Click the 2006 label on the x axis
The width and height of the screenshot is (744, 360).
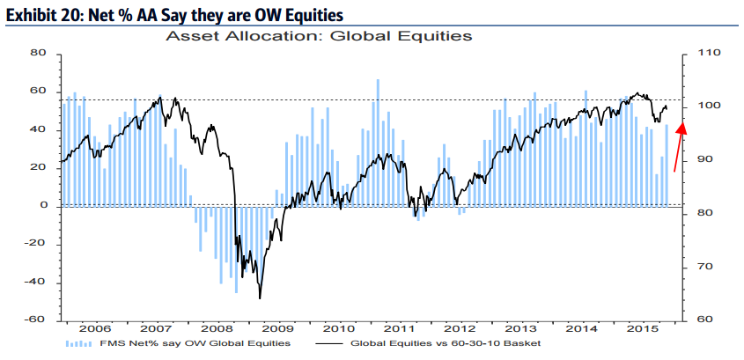[x=94, y=327]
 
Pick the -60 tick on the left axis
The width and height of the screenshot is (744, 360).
[x=35, y=320]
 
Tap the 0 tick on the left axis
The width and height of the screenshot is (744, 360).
[x=42, y=206]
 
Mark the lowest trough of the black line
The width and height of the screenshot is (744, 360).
[x=260, y=298]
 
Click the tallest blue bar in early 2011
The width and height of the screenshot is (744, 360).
[x=378, y=80]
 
